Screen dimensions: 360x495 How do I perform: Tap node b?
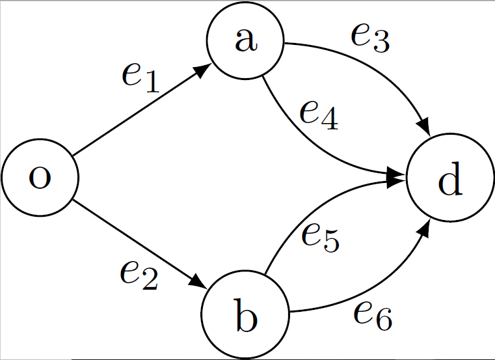pos(245,317)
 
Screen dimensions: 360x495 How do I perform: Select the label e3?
pos(369,38)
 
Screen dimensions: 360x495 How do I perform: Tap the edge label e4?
pos(319,115)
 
